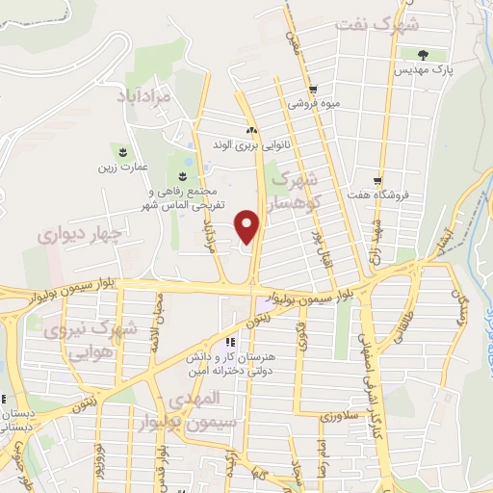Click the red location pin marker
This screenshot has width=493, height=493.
[248, 225]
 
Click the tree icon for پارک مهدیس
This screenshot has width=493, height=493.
[424, 53]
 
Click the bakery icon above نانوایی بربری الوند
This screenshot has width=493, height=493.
[252, 131]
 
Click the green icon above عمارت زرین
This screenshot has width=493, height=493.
[123, 151]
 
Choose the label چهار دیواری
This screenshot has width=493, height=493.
[81, 232]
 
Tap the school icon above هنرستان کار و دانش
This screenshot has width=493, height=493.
[230, 342]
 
